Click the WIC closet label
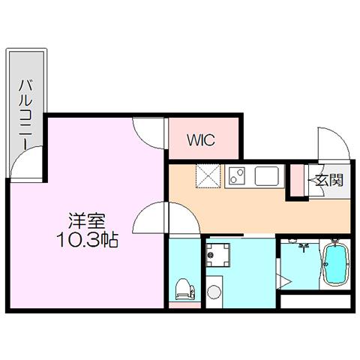point(201,140)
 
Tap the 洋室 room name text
point(87,220)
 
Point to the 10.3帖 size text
point(87,240)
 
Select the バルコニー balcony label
point(26,115)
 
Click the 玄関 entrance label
point(328,179)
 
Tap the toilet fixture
point(185,289)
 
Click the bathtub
point(335,263)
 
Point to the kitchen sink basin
point(267,175)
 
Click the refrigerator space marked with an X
point(208,175)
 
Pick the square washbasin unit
point(217,255)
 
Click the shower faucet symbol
point(304,247)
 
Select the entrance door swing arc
point(341,137)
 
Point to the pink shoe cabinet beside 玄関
point(297,180)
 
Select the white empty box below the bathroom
point(316,301)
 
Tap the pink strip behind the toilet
point(184,305)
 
